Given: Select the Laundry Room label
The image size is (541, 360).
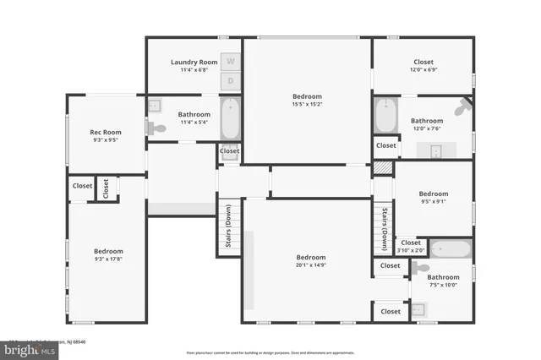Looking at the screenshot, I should pos(194,62).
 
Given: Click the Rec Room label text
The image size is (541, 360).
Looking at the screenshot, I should pos(107,133).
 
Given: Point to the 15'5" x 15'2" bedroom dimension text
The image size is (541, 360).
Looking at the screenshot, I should pos(308,104).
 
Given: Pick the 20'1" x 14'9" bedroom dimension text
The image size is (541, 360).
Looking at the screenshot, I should pos(311,265).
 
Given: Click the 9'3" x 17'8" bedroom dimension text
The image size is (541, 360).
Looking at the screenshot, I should pos(108,259).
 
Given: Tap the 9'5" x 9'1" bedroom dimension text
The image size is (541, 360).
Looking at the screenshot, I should pos(434,201).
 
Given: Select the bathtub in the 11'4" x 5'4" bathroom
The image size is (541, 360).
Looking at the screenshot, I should pos(231,119).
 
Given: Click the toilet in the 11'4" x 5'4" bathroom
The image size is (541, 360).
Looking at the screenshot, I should pos(156,128).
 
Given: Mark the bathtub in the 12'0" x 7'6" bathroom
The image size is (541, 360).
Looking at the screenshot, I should pos(385,116).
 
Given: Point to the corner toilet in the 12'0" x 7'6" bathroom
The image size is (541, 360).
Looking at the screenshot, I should pos(462,109).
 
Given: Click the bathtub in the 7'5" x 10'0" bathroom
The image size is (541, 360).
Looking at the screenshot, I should pos(450,249).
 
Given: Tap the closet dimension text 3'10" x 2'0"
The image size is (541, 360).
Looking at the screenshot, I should pos(411,250).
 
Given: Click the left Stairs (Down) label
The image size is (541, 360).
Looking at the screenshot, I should pos(228,226).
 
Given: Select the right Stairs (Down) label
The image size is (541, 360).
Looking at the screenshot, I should pos(384,229).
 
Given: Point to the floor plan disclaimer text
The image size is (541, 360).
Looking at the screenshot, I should pos(270,352).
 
